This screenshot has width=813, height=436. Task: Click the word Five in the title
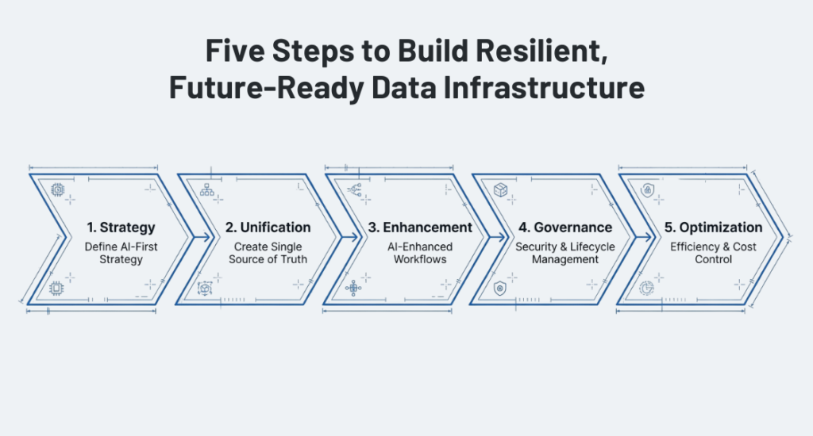coord(235,50)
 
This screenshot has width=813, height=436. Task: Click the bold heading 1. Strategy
coord(121,228)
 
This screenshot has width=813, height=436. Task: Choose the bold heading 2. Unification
coord(268,228)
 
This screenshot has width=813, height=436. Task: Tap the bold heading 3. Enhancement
coord(420,228)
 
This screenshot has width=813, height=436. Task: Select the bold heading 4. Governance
coord(565,228)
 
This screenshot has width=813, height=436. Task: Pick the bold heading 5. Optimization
coord(714,228)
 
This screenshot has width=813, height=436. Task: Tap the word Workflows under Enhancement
coord(420,259)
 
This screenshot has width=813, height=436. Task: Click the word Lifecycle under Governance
coord(592,247)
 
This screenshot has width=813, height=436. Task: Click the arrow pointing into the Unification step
coord(203,237)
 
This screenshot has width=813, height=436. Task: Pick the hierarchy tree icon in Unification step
coord(207,189)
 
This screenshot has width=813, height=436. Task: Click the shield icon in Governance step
coord(500,288)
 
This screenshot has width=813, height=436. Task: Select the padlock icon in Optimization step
coord(647,190)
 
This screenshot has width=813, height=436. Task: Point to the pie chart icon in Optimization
coord(646,288)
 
